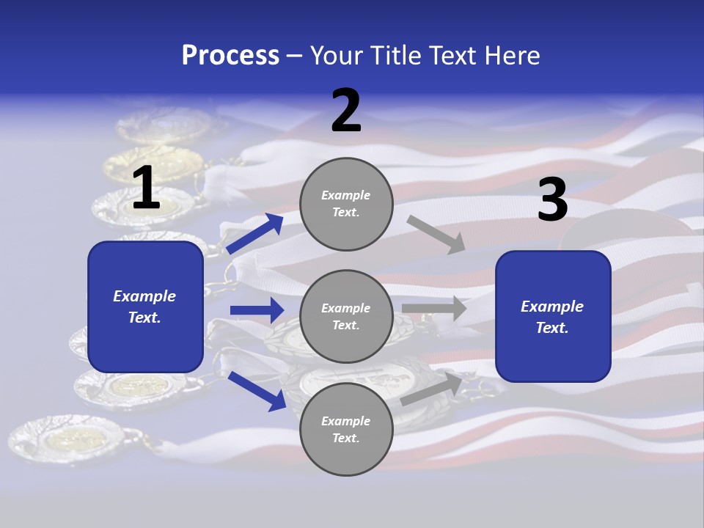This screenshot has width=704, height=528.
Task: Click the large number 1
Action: [146, 188]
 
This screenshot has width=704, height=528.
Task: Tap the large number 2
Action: [346, 111]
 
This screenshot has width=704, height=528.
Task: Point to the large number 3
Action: [552, 199]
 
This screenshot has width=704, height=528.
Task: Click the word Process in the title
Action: [230, 55]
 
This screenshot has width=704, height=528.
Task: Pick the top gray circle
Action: [346, 204]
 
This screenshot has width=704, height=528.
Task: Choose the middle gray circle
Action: [346, 316]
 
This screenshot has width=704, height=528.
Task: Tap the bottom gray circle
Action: [346, 429]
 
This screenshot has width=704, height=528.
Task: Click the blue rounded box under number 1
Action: [145, 307]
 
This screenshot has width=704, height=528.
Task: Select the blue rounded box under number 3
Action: [553, 317]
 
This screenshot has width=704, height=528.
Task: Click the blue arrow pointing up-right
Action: [254, 233]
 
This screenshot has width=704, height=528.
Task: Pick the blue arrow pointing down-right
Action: [257, 390]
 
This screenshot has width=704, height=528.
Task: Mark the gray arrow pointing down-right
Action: [436, 234]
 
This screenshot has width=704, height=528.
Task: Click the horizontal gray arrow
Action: [434, 309]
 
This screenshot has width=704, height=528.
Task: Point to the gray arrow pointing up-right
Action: [431, 389]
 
